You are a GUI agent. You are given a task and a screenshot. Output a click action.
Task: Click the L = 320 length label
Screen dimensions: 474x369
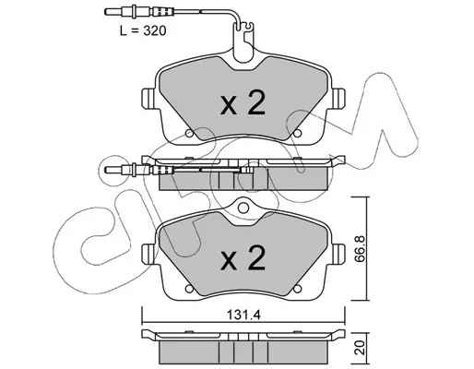pyautogui.click(x=143, y=30)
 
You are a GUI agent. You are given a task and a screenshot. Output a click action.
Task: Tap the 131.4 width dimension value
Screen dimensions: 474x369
pyautogui.click(x=243, y=315)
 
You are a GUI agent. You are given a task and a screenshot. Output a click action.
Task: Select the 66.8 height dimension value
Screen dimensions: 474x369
pyautogui.click(x=359, y=248)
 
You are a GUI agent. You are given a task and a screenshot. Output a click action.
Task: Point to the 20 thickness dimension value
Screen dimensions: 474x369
pyautogui.click(x=360, y=348)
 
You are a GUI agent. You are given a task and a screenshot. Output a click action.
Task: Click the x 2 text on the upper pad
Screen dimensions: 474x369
pyautogui.click(x=243, y=103)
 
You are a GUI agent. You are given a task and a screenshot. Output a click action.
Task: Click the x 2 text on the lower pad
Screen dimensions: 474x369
pyautogui.click(x=243, y=257)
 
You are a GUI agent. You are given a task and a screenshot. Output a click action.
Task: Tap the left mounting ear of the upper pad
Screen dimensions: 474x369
pyautogui.click(x=148, y=98)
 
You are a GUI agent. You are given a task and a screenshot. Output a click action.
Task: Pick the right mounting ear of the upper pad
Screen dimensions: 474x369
pyautogui.click(x=338, y=98)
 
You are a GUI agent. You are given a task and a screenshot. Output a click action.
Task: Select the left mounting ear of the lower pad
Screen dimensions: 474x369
pyautogui.click(x=148, y=254)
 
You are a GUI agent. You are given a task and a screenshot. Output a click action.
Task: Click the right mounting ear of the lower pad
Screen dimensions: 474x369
pyautogui.click(x=338, y=254)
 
